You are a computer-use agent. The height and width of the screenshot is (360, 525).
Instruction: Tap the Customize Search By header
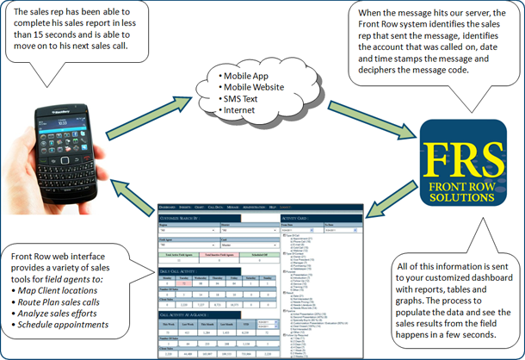pos(192,219)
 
